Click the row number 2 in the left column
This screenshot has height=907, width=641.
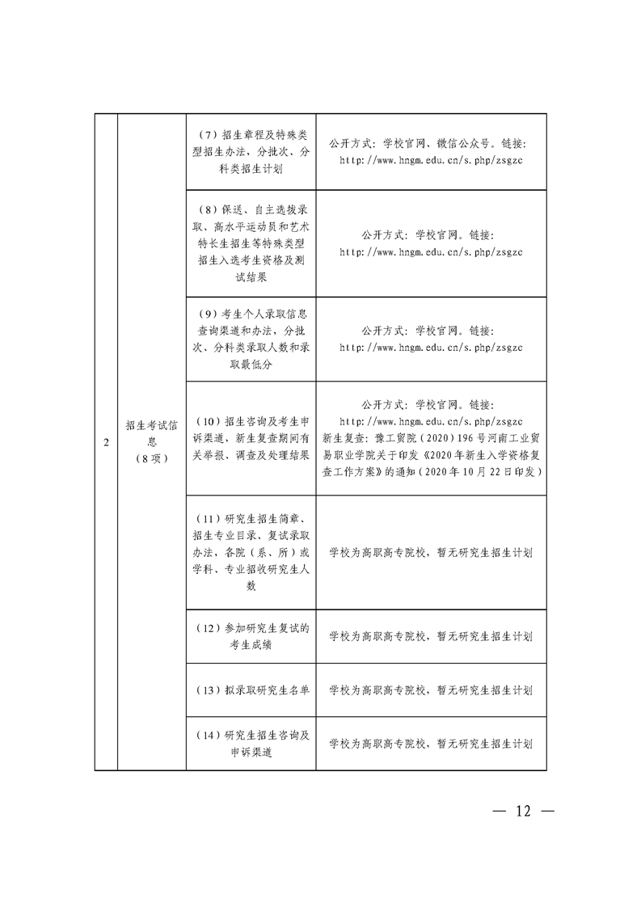pyautogui.click(x=106, y=443)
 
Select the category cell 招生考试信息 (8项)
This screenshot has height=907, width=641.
pyautogui.click(x=152, y=442)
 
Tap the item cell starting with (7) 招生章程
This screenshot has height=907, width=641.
pyautogui.click(x=251, y=151)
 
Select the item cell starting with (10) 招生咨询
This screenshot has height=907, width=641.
pyautogui.click(x=251, y=437)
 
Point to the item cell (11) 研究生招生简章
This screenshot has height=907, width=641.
pyautogui.click(x=251, y=552)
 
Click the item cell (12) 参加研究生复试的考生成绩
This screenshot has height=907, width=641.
pyautogui.click(x=251, y=636)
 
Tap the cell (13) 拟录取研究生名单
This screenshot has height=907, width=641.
pyautogui.click(x=251, y=690)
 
